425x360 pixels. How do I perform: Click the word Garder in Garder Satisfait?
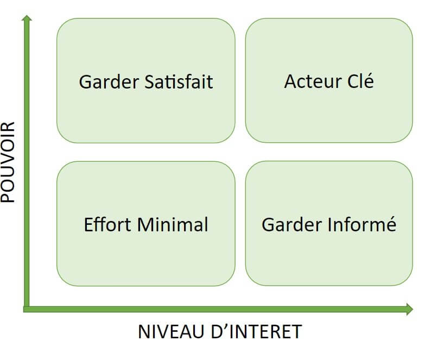(x=109, y=82)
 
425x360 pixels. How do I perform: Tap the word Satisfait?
(x=179, y=81)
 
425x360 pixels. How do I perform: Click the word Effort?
(x=107, y=224)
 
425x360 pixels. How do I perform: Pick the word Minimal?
(x=173, y=224)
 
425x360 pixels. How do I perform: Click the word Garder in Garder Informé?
(x=291, y=225)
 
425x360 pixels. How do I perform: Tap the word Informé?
(x=362, y=224)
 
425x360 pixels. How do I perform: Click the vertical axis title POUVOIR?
(x=8, y=162)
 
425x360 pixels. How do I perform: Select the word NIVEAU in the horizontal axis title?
(x=172, y=331)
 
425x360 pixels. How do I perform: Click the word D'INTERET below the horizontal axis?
(x=256, y=331)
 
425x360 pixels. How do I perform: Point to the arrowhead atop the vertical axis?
(x=27, y=18)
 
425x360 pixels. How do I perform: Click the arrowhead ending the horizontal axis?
(x=410, y=309)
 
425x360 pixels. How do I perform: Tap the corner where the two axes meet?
(x=27, y=309)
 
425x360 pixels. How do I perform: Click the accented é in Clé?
(x=369, y=80)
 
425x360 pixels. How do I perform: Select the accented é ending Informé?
(x=391, y=224)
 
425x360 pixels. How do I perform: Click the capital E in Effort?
(x=88, y=224)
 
